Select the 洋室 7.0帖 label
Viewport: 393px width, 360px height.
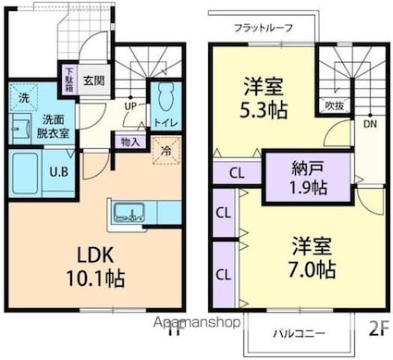(301, 258)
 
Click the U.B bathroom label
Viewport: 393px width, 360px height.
(55, 170)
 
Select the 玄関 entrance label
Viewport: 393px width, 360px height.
(92, 81)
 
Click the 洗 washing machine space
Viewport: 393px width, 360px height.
(23, 96)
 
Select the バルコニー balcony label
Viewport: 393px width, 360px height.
(298, 330)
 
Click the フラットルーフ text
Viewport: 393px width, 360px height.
(264, 28)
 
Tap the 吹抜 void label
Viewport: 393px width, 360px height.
(336, 105)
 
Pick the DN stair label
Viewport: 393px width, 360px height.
(369, 124)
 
